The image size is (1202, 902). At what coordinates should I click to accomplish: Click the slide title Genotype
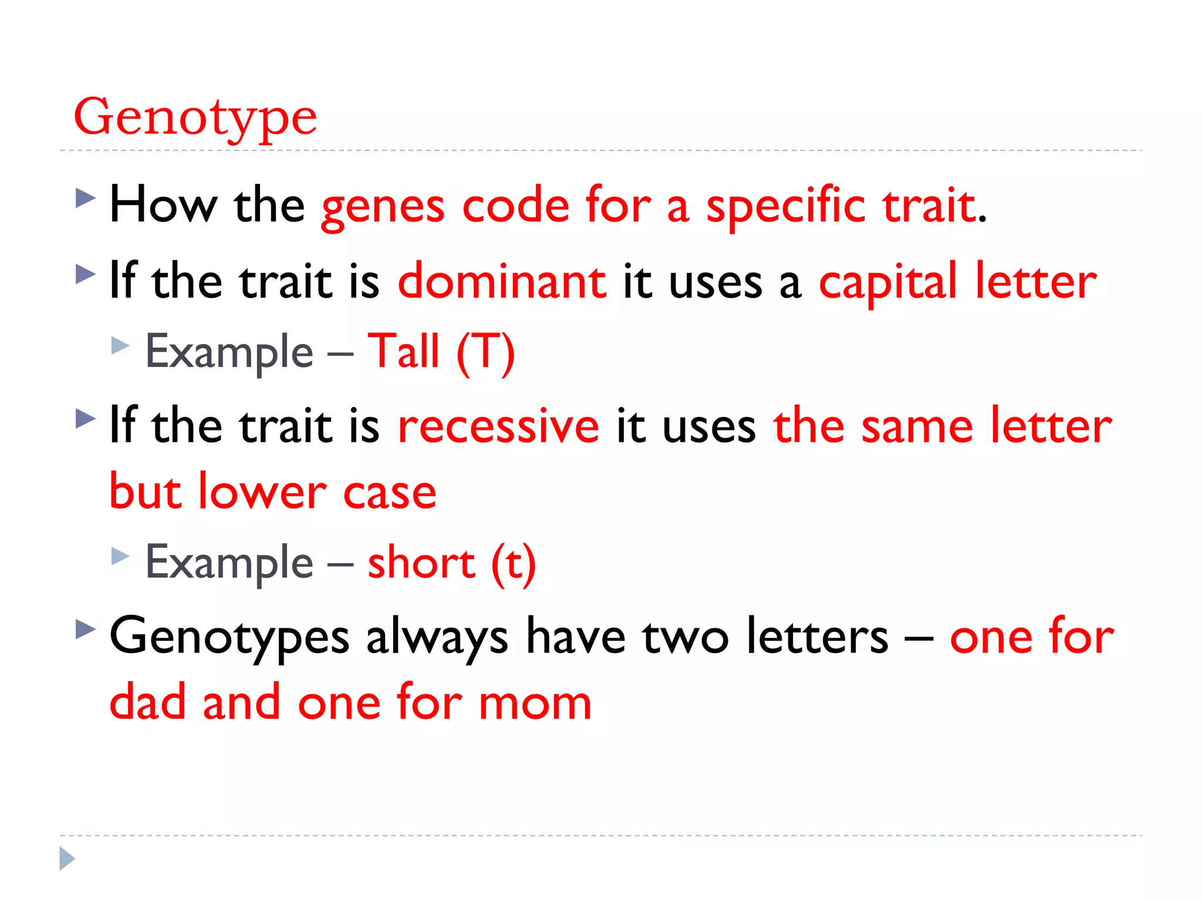(x=195, y=117)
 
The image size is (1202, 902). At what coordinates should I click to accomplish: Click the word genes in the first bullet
(x=383, y=207)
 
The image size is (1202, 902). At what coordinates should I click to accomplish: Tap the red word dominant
(x=502, y=282)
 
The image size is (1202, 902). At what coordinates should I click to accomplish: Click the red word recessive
(x=498, y=426)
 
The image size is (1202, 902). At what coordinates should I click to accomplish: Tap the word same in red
(x=917, y=426)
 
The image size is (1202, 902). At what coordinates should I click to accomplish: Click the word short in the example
(x=421, y=563)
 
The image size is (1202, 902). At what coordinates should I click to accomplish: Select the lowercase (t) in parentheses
(x=514, y=564)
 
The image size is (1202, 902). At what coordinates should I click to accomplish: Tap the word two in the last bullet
(x=686, y=637)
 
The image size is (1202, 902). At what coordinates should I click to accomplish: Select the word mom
(x=535, y=703)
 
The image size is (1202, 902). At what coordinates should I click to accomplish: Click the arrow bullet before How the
(x=86, y=198)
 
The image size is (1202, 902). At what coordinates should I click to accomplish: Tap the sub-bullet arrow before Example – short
(x=120, y=556)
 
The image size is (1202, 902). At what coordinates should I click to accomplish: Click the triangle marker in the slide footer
(x=67, y=859)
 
